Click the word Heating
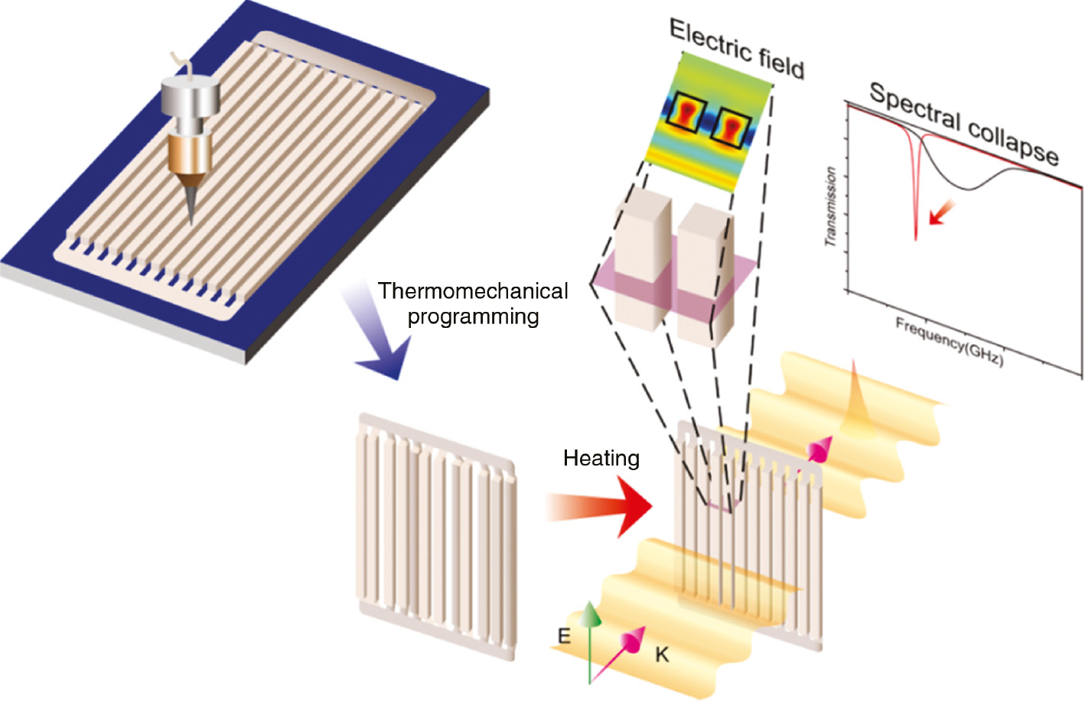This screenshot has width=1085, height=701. coord(601,458)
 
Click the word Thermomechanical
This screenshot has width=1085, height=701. coord(472,291)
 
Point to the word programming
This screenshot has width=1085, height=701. coord(473,316)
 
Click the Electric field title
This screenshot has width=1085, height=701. coord(736,50)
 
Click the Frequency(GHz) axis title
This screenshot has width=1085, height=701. coord(949,342)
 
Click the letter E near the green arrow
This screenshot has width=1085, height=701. coord(564,636)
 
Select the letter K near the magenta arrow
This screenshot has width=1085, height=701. coord(662,654)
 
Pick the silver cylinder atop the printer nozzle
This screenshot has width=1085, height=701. coord(191,96)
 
